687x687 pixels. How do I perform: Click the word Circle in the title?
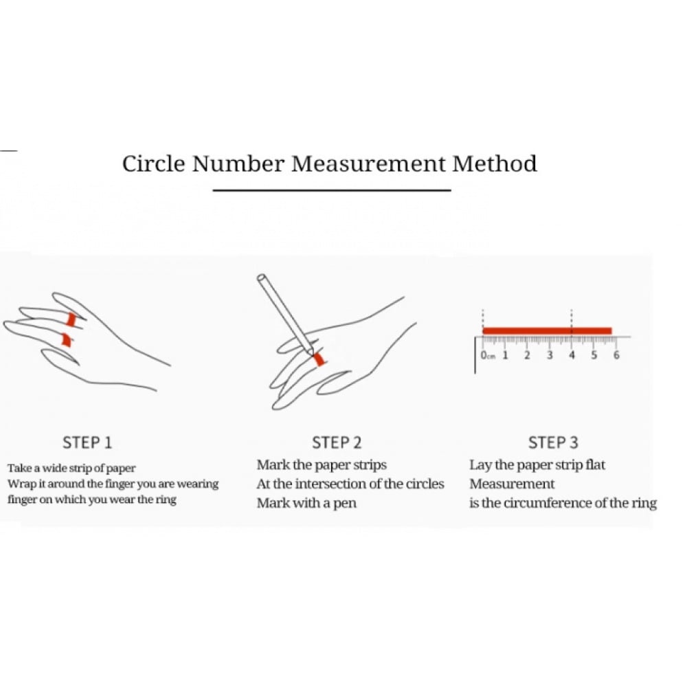tap(154, 164)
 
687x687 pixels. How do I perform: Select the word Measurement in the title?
tap(368, 164)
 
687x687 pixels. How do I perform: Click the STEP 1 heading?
tap(87, 442)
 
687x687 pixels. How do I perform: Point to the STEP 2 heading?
tap(337, 442)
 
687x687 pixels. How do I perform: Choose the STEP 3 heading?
tap(553, 442)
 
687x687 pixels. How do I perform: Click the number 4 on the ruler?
tap(572, 355)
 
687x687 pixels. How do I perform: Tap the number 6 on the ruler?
tap(616, 355)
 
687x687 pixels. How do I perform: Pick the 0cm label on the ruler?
tap(488, 355)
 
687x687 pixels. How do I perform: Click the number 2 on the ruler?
tap(527, 355)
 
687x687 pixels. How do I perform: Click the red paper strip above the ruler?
tap(548, 331)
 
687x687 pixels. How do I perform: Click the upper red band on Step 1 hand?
tap(71, 319)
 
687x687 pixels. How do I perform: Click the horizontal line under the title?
tap(332, 190)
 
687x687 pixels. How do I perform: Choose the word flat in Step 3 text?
tap(596, 464)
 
